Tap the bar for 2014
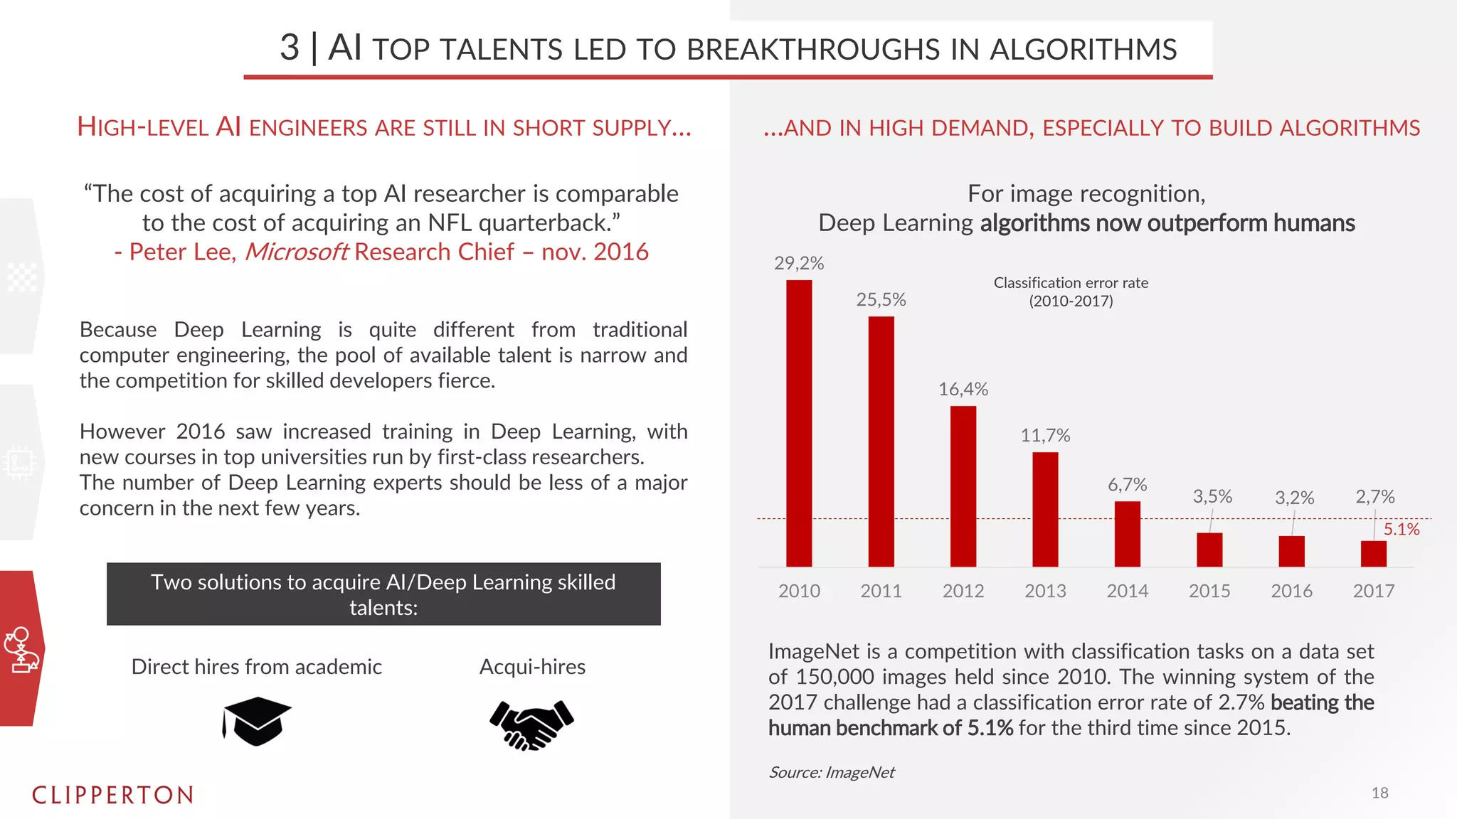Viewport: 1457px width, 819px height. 1127,534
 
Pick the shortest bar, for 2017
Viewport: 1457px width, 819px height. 1373,554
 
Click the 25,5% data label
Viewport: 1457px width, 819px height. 881,299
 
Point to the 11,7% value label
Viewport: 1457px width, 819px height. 1045,435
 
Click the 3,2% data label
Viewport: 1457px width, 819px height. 1294,497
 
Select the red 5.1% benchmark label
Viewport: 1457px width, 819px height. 1401,529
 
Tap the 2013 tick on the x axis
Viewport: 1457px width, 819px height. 1045,591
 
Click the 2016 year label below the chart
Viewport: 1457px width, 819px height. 1291,591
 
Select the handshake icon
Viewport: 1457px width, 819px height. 531,724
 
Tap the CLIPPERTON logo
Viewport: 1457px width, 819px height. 113,795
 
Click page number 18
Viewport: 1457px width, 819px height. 1379,793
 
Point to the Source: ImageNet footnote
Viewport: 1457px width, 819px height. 831,772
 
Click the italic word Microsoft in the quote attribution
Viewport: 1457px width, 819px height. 296,252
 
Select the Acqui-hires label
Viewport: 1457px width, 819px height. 532,667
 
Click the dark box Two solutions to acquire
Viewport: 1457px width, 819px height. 383,594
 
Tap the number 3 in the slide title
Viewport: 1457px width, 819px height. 290,48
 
